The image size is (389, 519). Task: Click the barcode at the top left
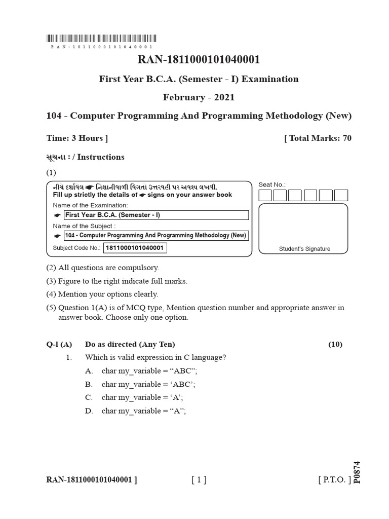tap(101, 38)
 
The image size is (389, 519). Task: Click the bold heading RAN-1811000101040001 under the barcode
tap(199, 60)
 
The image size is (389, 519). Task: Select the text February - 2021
tap(199, 97)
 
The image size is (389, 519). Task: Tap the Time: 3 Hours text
tap(77, 138)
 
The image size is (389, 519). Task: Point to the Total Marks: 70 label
tap(318, 138)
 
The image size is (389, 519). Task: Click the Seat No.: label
tap(272, 185)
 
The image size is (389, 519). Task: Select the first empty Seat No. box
tap(265, 195)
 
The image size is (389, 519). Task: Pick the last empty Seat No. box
tap(341, 195)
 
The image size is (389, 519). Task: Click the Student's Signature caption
tap(304, 249)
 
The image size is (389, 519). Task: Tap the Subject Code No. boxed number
tap(135, 248)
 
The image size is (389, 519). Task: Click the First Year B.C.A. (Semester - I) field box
tap(156, 215)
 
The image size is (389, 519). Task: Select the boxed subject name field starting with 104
tap(156, 235)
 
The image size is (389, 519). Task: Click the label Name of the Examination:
tap(91, 205)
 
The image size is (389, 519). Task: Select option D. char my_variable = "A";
tap(143, 411)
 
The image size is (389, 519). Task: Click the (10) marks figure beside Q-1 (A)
tap(335, 345)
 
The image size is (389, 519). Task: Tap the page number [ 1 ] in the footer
tap(199, 480)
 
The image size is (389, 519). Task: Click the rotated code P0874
tap(357, 472)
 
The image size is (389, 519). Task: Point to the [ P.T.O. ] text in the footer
tap(334, 480)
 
